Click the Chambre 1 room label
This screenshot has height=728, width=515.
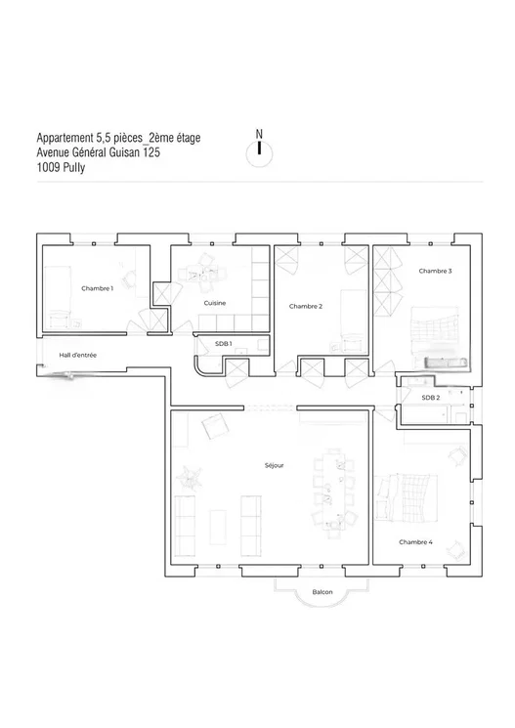pyautogui.click(x=97, y=288)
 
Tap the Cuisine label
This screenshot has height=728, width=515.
pyautogui.click(x=215, y=303)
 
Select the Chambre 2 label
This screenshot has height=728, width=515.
pyautogui.click(x=306, y=307)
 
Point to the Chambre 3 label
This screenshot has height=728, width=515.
pyautogui.click(x=435, y=271)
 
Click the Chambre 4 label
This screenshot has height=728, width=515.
pyautogui.click(x=415, y=542)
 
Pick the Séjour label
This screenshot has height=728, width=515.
pyautogui.click(x=274, y=466)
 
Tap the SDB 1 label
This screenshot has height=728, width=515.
pyautogui.click(x=224, y=344)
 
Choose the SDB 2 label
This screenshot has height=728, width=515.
pyautogui.click(x=431, y=398)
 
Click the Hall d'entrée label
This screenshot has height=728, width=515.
pyautogui.click(x=77, y=355)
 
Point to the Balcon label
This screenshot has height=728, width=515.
pyautogui.click(x=322, y=592)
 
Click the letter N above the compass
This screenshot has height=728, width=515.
pyautogui.click(x=259, y=134)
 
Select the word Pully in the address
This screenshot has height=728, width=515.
pyautogui.click(x=74, y=167)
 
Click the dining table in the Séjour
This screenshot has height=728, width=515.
pyautogui.click(x=333, y=493)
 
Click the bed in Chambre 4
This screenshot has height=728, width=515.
pyautogui.click(x=408, y=497)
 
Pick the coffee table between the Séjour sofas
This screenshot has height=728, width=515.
pyautogui.click(x=218, y=527)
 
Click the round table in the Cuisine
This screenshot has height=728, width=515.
pyautogui.click(x=204, y=275)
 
